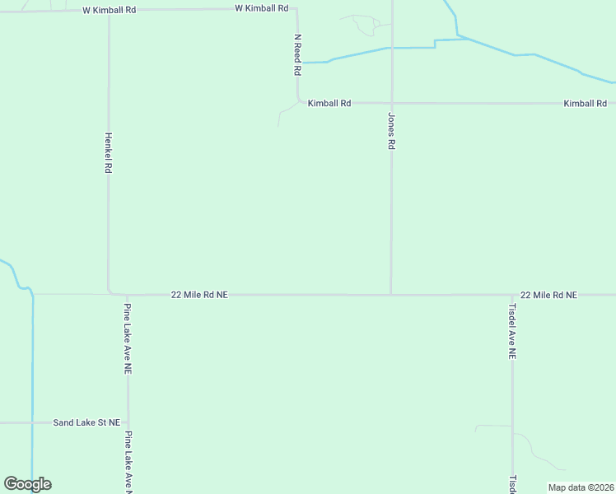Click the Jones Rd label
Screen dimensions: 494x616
pyautogui.click(x=391, y=131)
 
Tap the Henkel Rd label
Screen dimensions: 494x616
pyautogui.click(x=108, y=153)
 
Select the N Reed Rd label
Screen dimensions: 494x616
pyautogui.click(x=297, y=55)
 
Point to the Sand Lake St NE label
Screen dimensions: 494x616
pyautogui.click(x=86, y=422)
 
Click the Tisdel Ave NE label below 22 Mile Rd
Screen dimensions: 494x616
pyautogui.click(x=512, y=331)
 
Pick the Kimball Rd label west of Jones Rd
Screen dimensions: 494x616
pyautogui.click(x=329, y=104)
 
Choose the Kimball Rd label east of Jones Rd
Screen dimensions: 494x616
pyautogui.click(x=585, y=104)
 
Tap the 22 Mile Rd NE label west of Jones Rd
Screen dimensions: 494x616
pyautogui.click(x=199, y=294)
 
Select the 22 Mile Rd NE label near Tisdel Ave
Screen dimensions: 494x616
pyautogui.click(x=548, y=294)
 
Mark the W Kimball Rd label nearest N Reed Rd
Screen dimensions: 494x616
pyautogui.click(x=262, y=8)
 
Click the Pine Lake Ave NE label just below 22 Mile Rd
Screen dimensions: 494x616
pyautogui.click(x=128, y=339)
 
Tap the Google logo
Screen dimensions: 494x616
pyautogui.click(x=27, y=484)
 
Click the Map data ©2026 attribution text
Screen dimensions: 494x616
pyautogui.click(x=581, y=487)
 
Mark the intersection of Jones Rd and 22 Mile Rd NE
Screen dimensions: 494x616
pyautogui.click(x=391, y=294)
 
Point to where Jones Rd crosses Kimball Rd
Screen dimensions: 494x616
pyautogui.click(x=391, y=104)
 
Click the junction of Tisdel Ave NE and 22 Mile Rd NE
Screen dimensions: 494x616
pyautogui.click(x=512, y=294)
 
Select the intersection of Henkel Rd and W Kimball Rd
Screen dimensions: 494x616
pyautogui.click(x=109, y=10)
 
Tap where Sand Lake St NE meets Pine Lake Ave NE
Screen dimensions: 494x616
pyautogui.click(x=128, y=422)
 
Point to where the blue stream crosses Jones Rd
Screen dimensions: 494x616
pyautogui.click(x=391, y=48)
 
